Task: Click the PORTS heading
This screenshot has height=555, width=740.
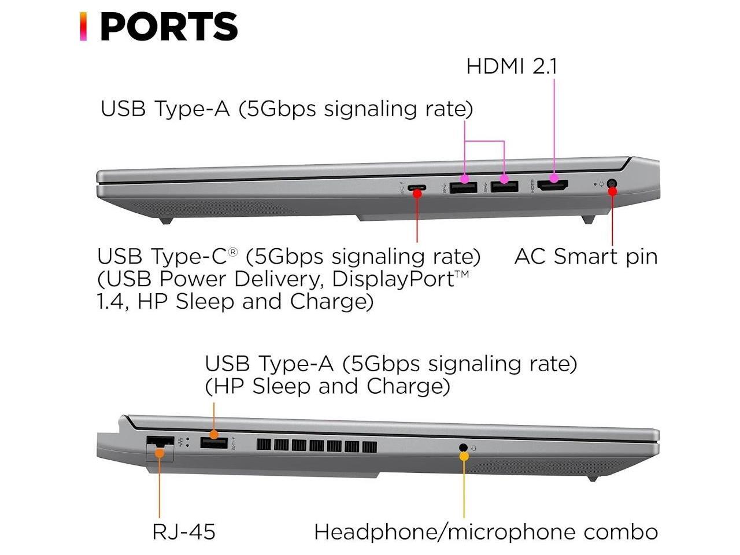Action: (x=168, y=27)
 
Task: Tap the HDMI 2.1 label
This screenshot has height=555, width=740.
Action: (x=512, y=66)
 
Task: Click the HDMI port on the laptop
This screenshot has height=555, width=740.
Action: (x=553, y=186)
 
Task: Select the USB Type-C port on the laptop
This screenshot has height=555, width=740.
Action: (x=417, y=188)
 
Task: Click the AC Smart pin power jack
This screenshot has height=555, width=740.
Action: (x=612, y=185)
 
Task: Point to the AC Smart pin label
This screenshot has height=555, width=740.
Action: (x=586, y=256)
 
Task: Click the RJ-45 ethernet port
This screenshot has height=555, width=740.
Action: (x=160, y=445)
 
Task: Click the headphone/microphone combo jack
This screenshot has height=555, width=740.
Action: (x=462, y=447)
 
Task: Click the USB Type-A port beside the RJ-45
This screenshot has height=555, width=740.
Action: (x=213, y=443)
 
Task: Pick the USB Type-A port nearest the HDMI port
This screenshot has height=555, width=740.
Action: (x=504, y=187)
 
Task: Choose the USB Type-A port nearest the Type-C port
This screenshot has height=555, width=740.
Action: (x=464, y=187)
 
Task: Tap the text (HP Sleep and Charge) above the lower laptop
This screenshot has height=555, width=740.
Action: (x=328, y=386)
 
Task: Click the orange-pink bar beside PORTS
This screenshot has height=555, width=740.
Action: (x=83, y=27)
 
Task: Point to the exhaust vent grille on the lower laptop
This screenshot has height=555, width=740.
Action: (x=316, y=446)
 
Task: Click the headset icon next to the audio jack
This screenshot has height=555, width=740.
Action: (x=474, y=447)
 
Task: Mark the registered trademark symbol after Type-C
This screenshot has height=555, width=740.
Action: (x=232, y=252)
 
